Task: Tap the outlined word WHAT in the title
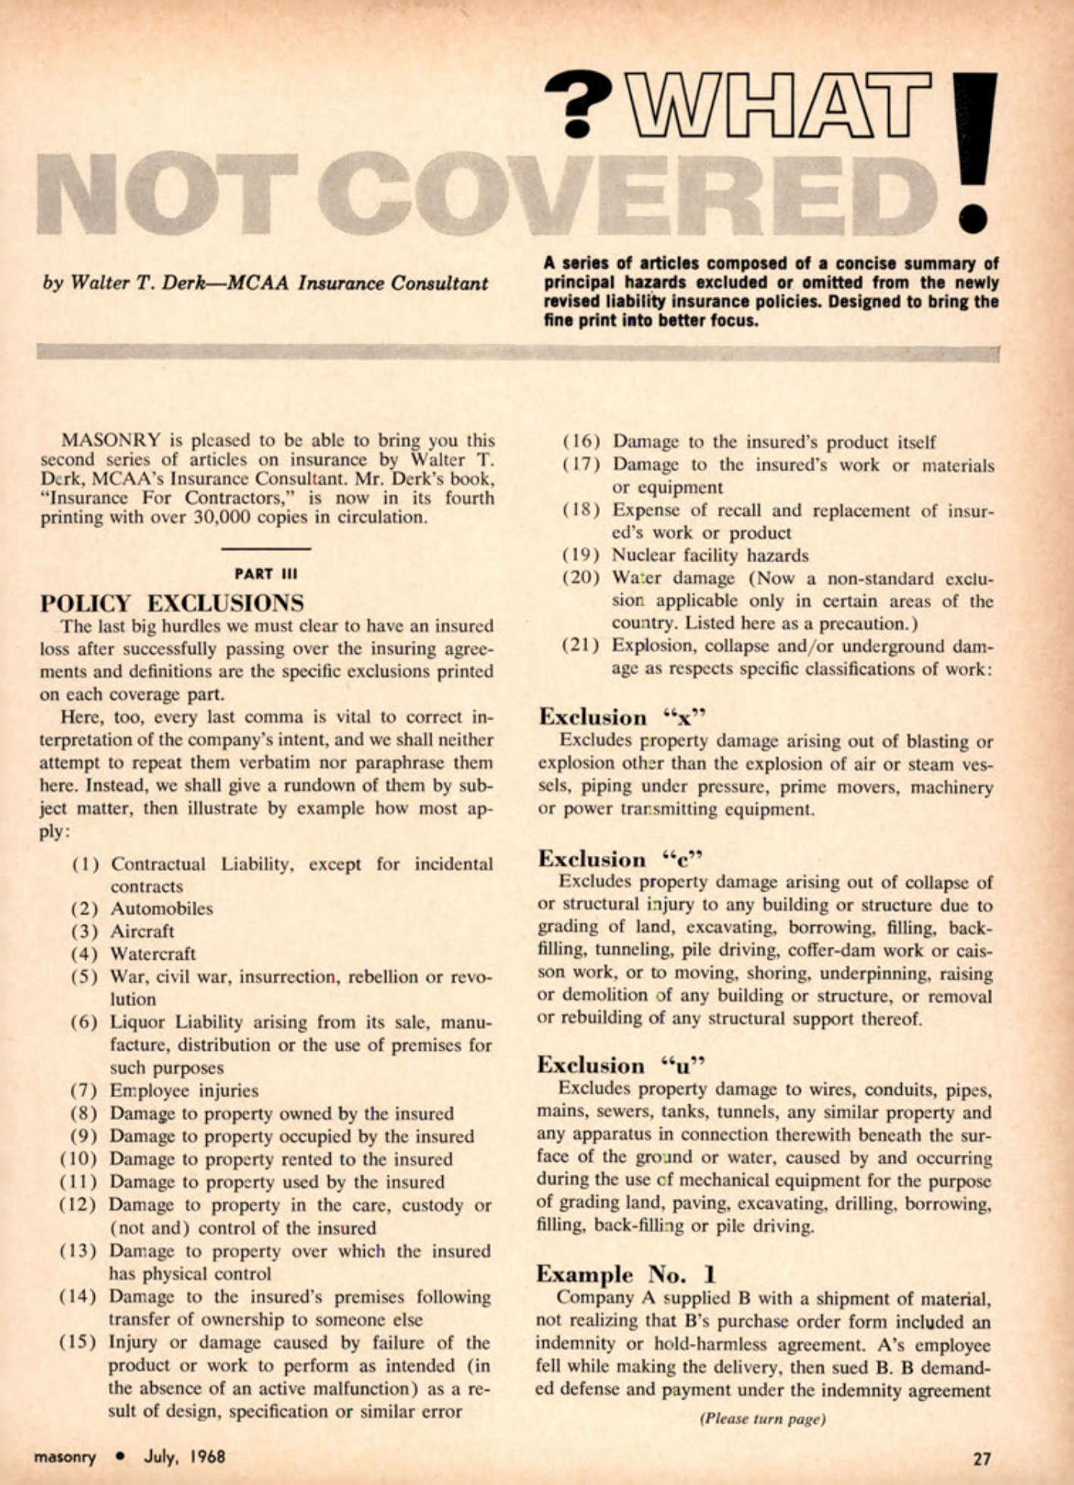(777, 105)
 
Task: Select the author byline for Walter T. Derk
(265, 283)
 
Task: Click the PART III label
(265, 574)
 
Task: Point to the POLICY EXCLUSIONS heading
(172, 602)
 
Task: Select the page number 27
(981, 1458)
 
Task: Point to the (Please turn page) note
(762, 1418)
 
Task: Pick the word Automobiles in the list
(162, 908)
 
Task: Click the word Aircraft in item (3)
(143, 931)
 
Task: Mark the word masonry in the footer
(65, 1457)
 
